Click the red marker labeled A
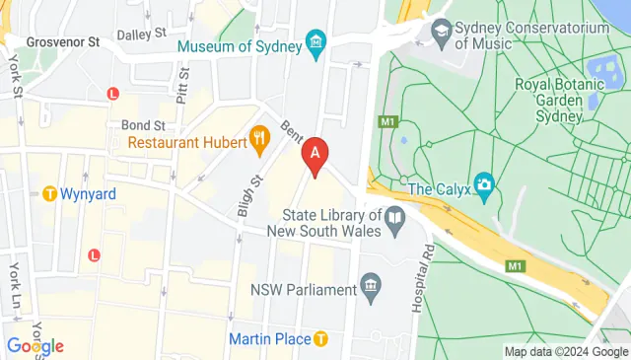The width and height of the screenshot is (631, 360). click(315, 156)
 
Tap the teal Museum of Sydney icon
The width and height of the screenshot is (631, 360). click(315, 42)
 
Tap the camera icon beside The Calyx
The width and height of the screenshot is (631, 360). click(483, 183)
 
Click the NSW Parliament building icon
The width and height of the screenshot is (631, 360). click(371, 289)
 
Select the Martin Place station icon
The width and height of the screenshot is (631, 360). click(321, 339)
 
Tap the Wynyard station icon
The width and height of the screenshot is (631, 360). click(48, 193)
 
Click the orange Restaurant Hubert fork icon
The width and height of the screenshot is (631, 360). click(260, 141)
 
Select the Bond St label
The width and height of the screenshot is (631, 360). click(141, 125)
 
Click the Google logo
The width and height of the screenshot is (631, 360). click(35, 346)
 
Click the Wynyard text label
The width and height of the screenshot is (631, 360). click(88, 193)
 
